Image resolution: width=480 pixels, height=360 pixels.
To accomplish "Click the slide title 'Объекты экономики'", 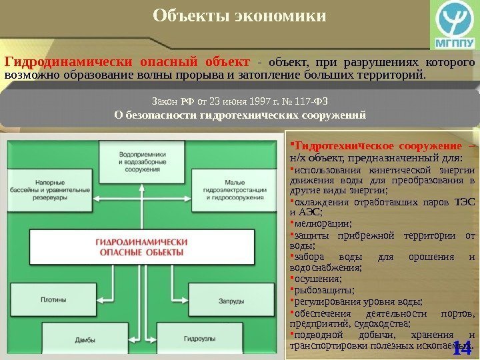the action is pyautogui.click(x=240, y=15).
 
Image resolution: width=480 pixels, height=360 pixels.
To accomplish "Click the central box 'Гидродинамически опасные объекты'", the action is pyautogui.click(x=141, y=247).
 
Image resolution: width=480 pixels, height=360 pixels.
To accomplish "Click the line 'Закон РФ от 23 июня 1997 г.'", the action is pyautogui.click(x=240, y=102).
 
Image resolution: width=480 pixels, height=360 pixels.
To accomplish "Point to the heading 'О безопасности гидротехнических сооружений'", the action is pyautogui.click(x=240, y=115).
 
